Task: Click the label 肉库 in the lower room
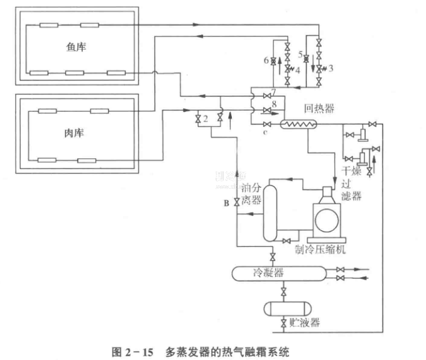[75, 133]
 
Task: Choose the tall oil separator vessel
[270, 214]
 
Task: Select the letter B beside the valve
[227, 202]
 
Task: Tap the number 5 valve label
[300, 55]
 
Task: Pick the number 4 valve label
[297, 69]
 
